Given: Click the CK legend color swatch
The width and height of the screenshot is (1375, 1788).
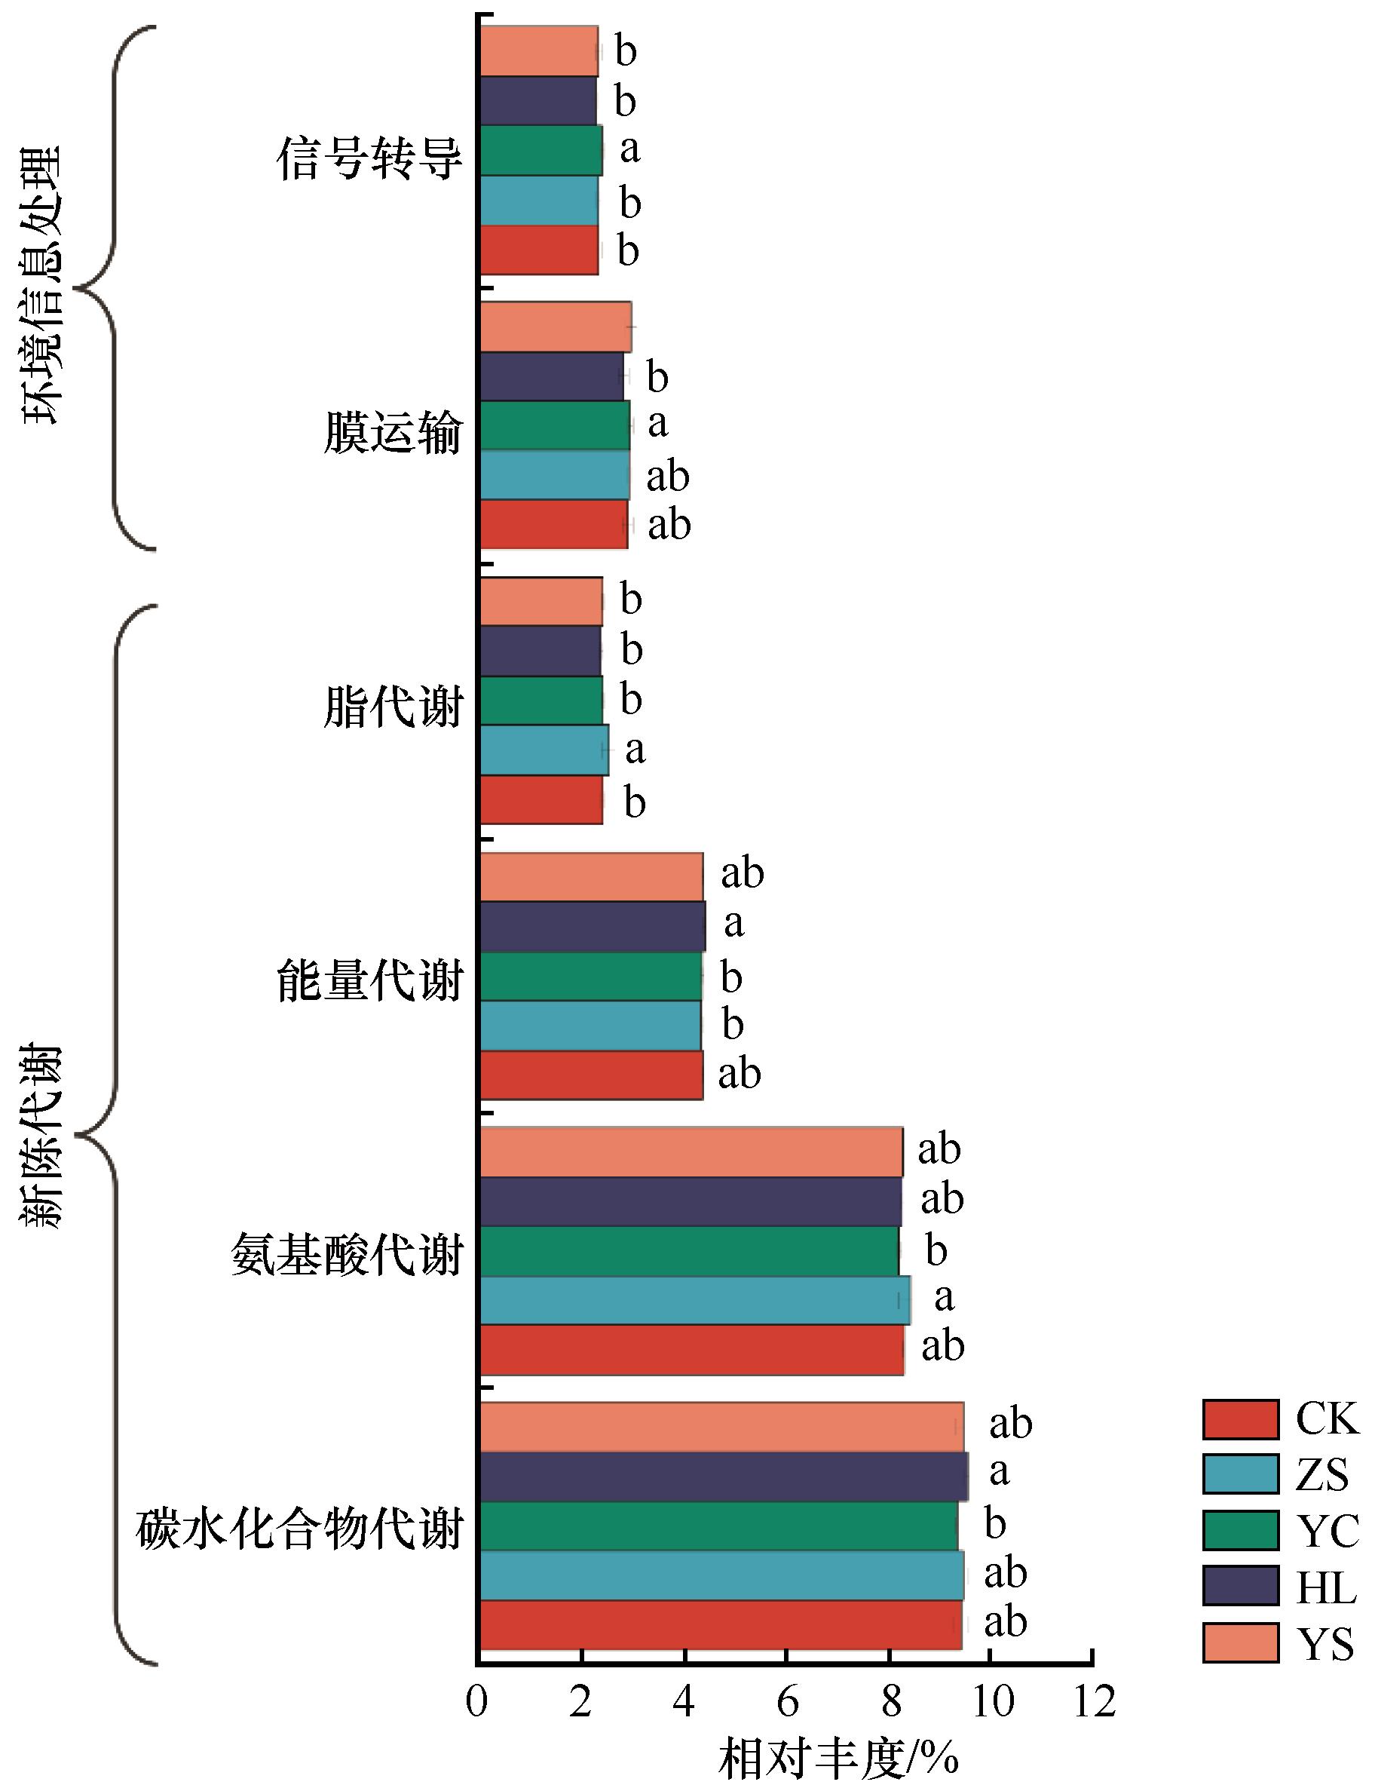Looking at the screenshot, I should tap(1240, 1419).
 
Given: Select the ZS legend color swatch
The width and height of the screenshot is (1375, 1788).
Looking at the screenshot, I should tap(1240, 1474).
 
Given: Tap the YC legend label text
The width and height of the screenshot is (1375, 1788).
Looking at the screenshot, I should tap(1327, 1530).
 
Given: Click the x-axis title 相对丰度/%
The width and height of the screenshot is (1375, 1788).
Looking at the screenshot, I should tap(838, 1757).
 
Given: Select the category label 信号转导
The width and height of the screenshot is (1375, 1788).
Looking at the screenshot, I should tap(370, 158).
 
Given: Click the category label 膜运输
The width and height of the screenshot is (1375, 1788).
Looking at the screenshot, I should tap(393, 432).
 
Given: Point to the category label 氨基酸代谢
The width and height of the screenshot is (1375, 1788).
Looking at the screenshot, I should tap(347, 1255).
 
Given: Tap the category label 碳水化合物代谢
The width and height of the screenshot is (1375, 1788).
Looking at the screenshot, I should tap(299, 1529).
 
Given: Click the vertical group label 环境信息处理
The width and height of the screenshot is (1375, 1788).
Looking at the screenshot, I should tap(41, 286).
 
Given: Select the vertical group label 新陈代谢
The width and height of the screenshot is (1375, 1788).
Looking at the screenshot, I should tap(41, 1135).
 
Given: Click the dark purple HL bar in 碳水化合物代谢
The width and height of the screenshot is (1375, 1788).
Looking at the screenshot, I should tap(724, 1476).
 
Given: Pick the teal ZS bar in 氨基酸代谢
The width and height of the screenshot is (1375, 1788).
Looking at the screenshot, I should tap(694, 1300).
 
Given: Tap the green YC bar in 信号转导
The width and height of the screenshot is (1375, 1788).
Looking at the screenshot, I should tap(541, 151).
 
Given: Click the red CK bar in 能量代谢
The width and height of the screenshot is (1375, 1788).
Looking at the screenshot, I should tap(591, 1075).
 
